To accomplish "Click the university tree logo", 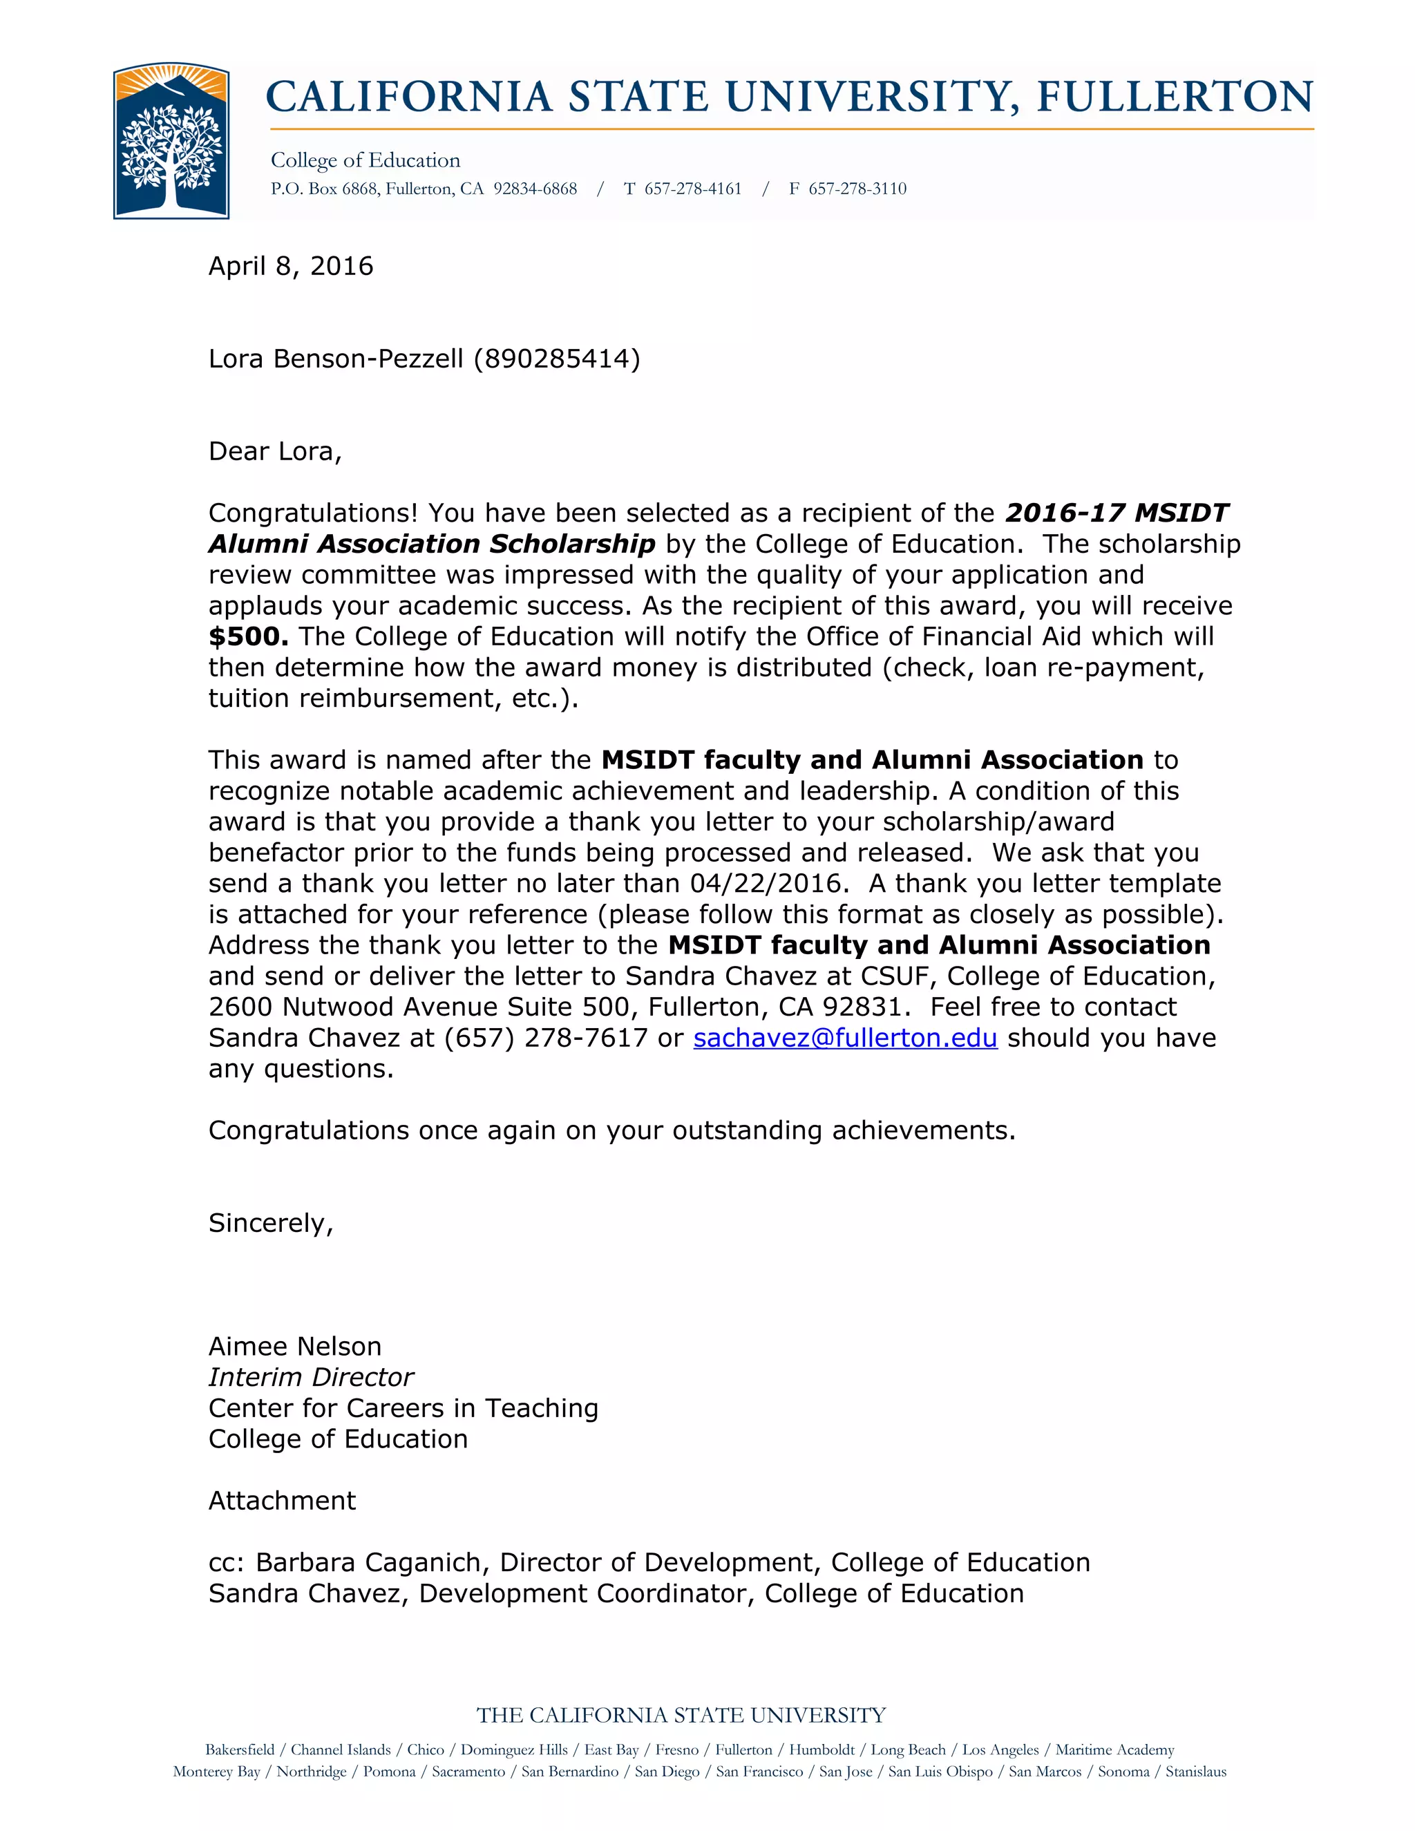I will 171,141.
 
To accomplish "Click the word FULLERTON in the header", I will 1175,97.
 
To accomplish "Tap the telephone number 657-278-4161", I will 692,189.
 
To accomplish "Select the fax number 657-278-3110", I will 857,189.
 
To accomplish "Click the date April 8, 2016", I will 290,267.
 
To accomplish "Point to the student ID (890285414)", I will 557,359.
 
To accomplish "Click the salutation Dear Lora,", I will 275,452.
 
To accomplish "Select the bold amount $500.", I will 248,637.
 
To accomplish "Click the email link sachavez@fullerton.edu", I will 845,1038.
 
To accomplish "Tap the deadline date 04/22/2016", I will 766,884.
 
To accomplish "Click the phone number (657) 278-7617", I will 546,1038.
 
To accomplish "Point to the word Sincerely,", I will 271,1223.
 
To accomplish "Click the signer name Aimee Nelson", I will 294,1347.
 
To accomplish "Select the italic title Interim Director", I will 311,1378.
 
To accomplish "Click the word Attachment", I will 282,1501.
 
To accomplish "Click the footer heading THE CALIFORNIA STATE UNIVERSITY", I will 681,1716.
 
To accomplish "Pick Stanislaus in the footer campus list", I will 1195,1772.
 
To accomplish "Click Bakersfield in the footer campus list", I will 240,1749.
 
